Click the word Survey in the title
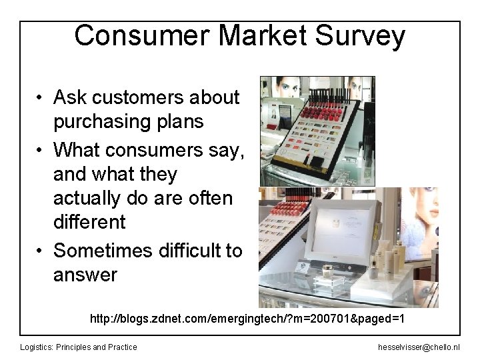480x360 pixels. tap(361, 37)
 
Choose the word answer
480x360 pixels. tap(85, 275)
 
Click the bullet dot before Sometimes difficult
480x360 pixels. tap(41, 251)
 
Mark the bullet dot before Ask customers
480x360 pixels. tap(41, 98)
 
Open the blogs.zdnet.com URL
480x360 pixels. tap(247, 319)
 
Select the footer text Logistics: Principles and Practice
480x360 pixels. tap(79, 347)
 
